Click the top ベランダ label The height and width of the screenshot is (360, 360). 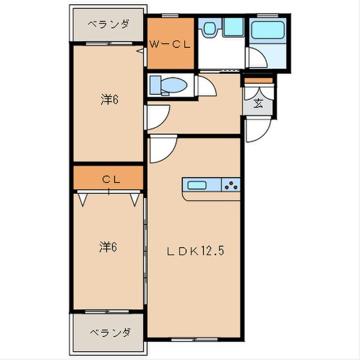pyautogui.click(x=109, y=25)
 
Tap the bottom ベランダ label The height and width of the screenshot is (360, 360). pyautogui.click(x=109, y=332)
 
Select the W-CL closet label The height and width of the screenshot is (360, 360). pyautogui.click(x=171, y=43)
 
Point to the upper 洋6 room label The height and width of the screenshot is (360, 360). pyautogui.click(x=109, y=100)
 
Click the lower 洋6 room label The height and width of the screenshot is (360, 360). pyautogui.click(x=109, y=246)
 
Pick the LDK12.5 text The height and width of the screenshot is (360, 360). pyautogui.click(x=196, y=253)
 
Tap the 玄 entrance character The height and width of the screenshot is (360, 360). pyautogui.click(x=258, y=103)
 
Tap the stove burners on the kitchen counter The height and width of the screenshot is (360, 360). pyautogui.click(x=231, y=185)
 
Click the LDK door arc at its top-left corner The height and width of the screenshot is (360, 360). pyautogui.click(x=161, y=150)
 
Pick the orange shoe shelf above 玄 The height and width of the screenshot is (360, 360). pyautogui.click(x=257, y=80)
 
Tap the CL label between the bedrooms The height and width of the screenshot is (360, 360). pyautogui.click(x=109, y=179)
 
